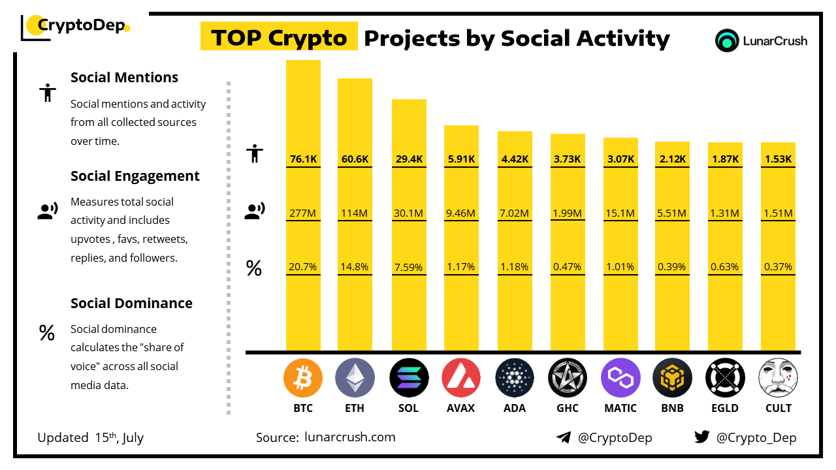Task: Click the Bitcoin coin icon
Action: (x=303, y=378)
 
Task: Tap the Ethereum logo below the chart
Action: (x=355, y=378)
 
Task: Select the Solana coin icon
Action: (x=409, y=378)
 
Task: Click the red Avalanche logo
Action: (x=461, y=378)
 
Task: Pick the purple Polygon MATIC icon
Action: (x=620, y=378)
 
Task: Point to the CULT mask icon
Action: (x=778, y=378)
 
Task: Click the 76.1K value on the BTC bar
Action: (x=303, y=159)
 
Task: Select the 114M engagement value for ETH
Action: (x=355, y=213)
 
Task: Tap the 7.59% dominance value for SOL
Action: (x=409, y=267)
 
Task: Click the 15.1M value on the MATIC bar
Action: (x=620, y=213)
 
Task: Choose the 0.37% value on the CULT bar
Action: (x=778, y=267)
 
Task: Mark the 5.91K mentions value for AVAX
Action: (x=461, y=159)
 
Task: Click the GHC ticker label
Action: (x=567, y=408)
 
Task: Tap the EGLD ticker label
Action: (x=725, y=408)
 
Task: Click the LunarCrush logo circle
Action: (x=726, y=40)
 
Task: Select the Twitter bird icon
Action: (x=702, y=437)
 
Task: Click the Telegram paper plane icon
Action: (x=564, y=437)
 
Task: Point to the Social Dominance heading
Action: (x=131, y=303)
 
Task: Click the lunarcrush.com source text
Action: (x=350, y=437)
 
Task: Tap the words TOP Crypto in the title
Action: (x=279, y=38)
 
